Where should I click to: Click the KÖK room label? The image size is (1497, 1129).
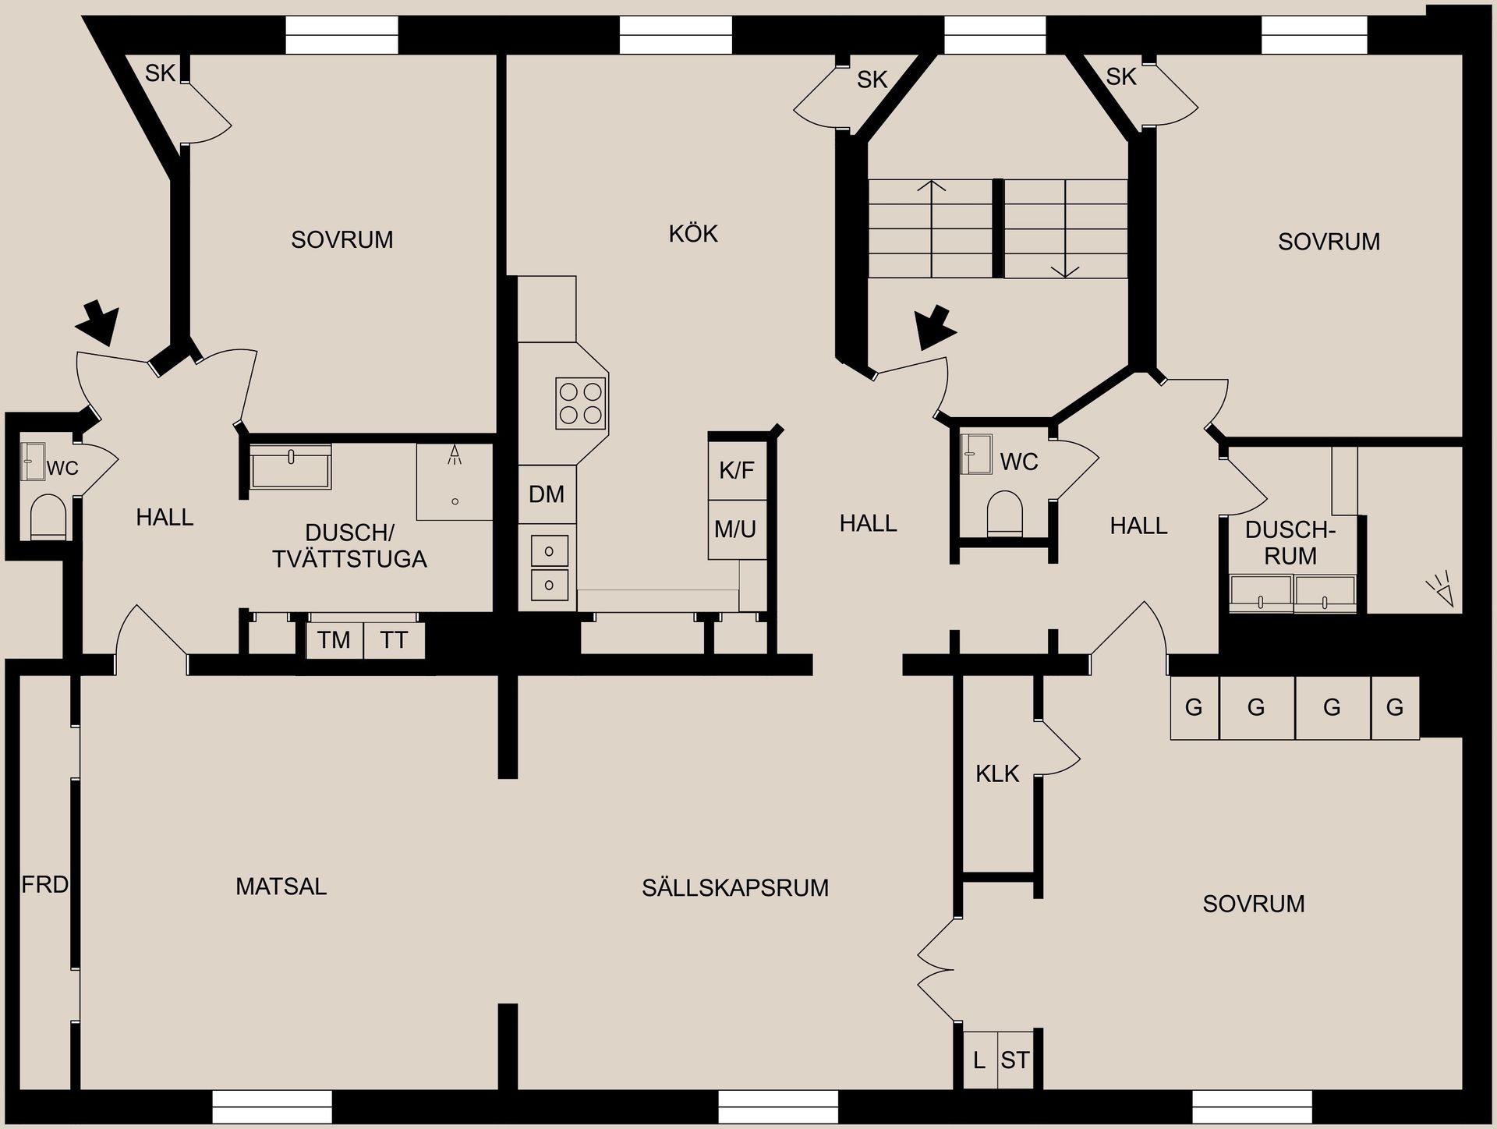click(x=692, y=234)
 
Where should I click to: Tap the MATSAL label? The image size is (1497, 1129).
click(x=281, y=887)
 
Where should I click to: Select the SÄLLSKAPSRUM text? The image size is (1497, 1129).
click(x=734, y=887)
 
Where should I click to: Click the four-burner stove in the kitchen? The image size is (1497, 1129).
click(x=581, y=403)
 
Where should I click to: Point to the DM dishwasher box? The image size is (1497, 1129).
click(x=547, y=494)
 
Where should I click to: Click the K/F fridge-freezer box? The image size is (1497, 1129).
click(x=737, y=470)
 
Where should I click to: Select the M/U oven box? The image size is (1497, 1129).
click(x=735, y=529)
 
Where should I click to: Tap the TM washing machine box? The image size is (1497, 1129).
click(x=334, y=640)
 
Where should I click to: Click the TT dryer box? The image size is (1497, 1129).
click(x=394, y=640)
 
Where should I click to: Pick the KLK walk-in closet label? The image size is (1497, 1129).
click(x=997, y=773)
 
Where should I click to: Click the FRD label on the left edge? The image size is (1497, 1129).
click(x=44, y=884)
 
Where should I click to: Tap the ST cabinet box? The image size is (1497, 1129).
click(x=1015, y=1060)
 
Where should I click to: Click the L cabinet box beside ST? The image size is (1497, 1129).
click(x=979, y=1060)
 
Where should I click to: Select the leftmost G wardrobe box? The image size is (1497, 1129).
click(x=1194, y=708)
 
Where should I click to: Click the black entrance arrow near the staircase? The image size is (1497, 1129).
click(x=935, y=327)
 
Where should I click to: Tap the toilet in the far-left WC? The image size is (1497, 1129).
click(x=48, y=517)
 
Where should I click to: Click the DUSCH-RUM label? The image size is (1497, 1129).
click(x=1290, y=543)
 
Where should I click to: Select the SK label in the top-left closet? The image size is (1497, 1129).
click(x=160, y=73)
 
